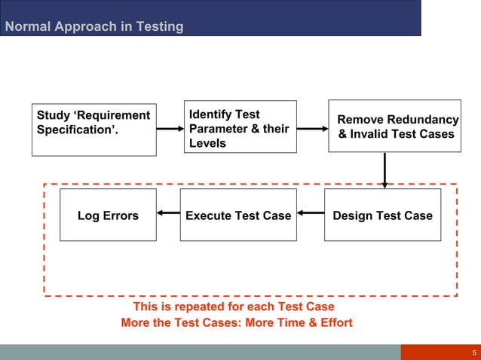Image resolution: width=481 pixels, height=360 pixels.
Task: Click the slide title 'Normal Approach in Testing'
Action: (x=94, y=27)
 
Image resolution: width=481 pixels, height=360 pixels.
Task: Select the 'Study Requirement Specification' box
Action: (x=94, y=129)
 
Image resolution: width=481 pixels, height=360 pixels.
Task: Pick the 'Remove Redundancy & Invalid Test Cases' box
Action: (x=394, y=126)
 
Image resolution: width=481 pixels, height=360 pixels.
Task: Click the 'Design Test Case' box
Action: (x=382, y=215)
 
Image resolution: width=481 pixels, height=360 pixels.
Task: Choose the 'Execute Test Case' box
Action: (x=237, y=215)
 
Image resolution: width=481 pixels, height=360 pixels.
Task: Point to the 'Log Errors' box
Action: (x=108, y=215)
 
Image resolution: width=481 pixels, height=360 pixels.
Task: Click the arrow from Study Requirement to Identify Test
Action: (x=170, y=129)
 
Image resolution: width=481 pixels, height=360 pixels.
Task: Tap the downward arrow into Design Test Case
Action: (x=384, y=170)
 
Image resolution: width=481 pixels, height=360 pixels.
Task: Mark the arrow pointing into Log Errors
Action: (x=168, y=215)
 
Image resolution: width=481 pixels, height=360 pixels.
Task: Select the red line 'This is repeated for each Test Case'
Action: (x=233, y=307)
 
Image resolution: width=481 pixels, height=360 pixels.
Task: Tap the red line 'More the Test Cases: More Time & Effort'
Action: (x=237, y=323)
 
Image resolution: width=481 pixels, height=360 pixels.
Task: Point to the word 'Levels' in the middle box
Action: (x=207, y=143)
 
